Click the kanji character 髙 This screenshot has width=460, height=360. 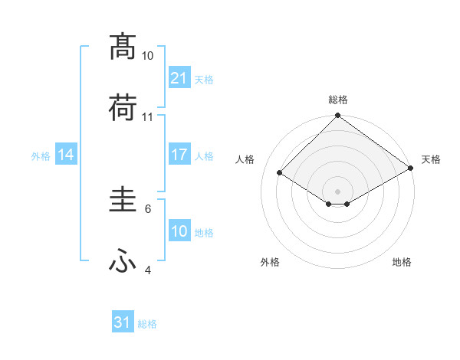click(123, 47)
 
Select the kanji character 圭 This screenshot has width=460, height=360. click(123, 200)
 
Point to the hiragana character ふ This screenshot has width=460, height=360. click(123, 262)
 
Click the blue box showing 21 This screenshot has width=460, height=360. click(179, 77)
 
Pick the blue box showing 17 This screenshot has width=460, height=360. click(179, 155)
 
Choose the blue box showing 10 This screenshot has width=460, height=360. click(179, 231)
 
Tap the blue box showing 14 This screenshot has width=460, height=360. click(66, 155)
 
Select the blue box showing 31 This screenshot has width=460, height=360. click(123, 322)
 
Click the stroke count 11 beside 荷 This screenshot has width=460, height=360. click(148, 117)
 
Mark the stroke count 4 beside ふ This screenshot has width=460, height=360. click(148, 270)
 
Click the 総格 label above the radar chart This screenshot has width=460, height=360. click(338, 100)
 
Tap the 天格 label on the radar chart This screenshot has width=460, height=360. click(431, 159)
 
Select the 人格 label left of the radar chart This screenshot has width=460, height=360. click(245, 159)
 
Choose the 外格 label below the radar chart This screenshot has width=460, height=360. click(270, 262)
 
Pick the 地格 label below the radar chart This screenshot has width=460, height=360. click(402, 262)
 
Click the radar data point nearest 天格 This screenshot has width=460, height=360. click(411, 169)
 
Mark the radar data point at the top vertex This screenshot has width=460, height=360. click(338, 117)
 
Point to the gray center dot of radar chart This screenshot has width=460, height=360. click(338, 190)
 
